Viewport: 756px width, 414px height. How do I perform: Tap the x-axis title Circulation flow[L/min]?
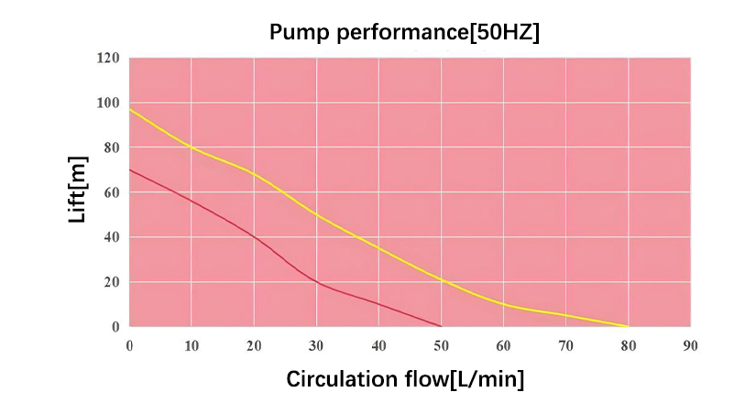click(405, 379)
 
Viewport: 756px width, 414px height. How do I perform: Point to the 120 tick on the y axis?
click(108, 59)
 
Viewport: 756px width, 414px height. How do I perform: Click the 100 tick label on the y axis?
click(108, 103)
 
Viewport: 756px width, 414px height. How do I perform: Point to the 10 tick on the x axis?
click(192, 345)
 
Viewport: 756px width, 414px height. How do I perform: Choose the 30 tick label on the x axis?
click(316, 345)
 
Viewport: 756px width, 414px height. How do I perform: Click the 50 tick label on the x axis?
click(441, 345)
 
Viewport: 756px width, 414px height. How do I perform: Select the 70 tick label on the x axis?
click(565, 345)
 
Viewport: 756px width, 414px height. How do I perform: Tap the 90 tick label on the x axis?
click(690, 345)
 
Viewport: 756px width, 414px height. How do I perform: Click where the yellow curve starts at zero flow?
click(130, 110)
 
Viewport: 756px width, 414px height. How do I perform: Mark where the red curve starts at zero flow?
click(130, 169)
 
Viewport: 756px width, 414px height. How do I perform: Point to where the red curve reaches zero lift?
click(441, 326)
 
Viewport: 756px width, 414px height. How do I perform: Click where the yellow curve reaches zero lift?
click(628, 326)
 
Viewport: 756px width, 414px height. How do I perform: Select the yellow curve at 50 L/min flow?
click(441, 279)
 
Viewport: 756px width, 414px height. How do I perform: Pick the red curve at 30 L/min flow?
click(316, 282)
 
